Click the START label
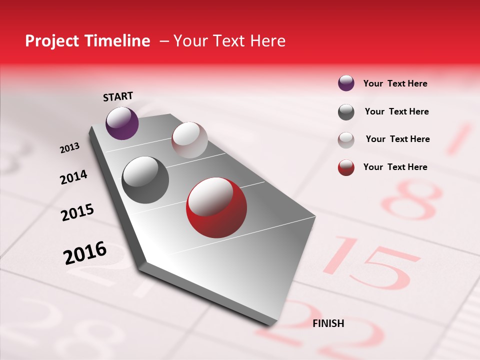coord(118,96)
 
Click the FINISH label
coord(328,323)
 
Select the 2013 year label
coord(69,148)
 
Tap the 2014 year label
coord(73,177)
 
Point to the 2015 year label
coord(77,212)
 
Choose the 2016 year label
coord(85,253)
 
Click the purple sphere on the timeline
coord(122,123)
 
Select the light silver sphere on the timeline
coord(189,140)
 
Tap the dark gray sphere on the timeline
coord(145,180)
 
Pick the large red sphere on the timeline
coord(216,207)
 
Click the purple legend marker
coord(346,83)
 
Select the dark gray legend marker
coord(346,112)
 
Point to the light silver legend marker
coord(346,139)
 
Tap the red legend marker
coord(346,167)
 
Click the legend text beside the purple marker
coord(395,83)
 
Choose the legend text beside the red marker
coord(395,167)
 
